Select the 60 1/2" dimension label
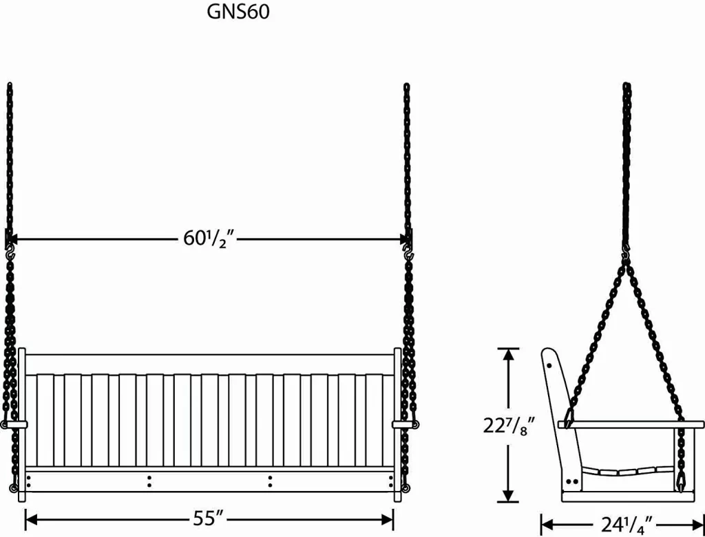(x=210, y=240)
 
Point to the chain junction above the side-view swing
(x=627, y=256)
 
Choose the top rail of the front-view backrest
(x=209, y=364)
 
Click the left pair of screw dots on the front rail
(x=149, y=481)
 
